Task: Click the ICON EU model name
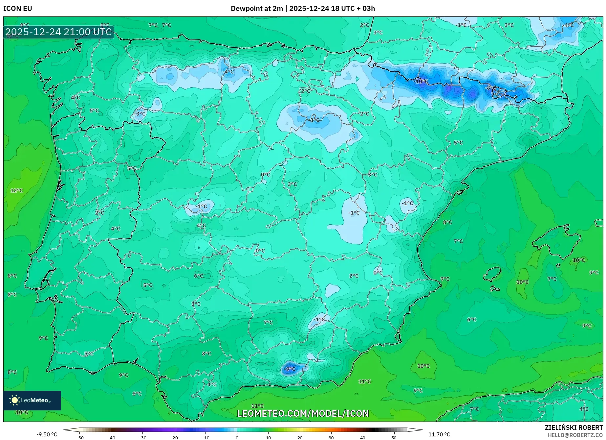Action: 18,9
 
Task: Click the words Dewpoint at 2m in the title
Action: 256,9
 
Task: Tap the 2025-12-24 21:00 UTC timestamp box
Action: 59,32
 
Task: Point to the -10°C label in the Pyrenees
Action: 421,81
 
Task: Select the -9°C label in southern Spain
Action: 290,369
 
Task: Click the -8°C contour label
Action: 491,88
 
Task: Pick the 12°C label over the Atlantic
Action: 16,191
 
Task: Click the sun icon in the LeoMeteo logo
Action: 14,400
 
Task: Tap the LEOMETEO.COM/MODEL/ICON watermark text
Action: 303,413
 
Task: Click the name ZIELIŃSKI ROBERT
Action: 574,428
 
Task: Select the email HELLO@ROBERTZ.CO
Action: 575,435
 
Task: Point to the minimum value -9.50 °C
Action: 47,434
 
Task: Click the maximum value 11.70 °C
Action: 439,434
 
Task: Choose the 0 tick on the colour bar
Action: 237,437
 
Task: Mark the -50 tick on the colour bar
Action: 80,437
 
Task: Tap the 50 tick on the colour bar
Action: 394,437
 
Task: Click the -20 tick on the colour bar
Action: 174,437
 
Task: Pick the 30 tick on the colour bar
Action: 331,437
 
